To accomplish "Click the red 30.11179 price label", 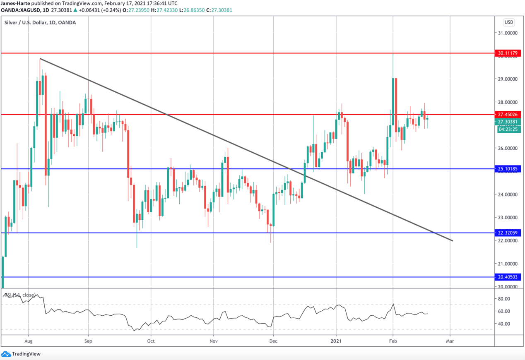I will coord(508,53).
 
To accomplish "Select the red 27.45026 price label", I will coord(508,114).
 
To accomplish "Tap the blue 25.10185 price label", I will coord(508,169).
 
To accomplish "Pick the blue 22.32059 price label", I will coord(508,233).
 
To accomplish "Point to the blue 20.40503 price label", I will coord(508,277).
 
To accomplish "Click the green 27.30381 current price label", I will coord(508,122).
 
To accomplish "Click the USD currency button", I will coord(508,22).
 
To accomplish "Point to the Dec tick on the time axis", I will coord(274,341).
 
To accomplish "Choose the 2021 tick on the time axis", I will coord(336,341).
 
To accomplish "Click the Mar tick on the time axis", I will coord(450,341).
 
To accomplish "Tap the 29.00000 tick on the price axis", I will coord(507,79).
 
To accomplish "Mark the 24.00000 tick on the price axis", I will coord(507,194).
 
